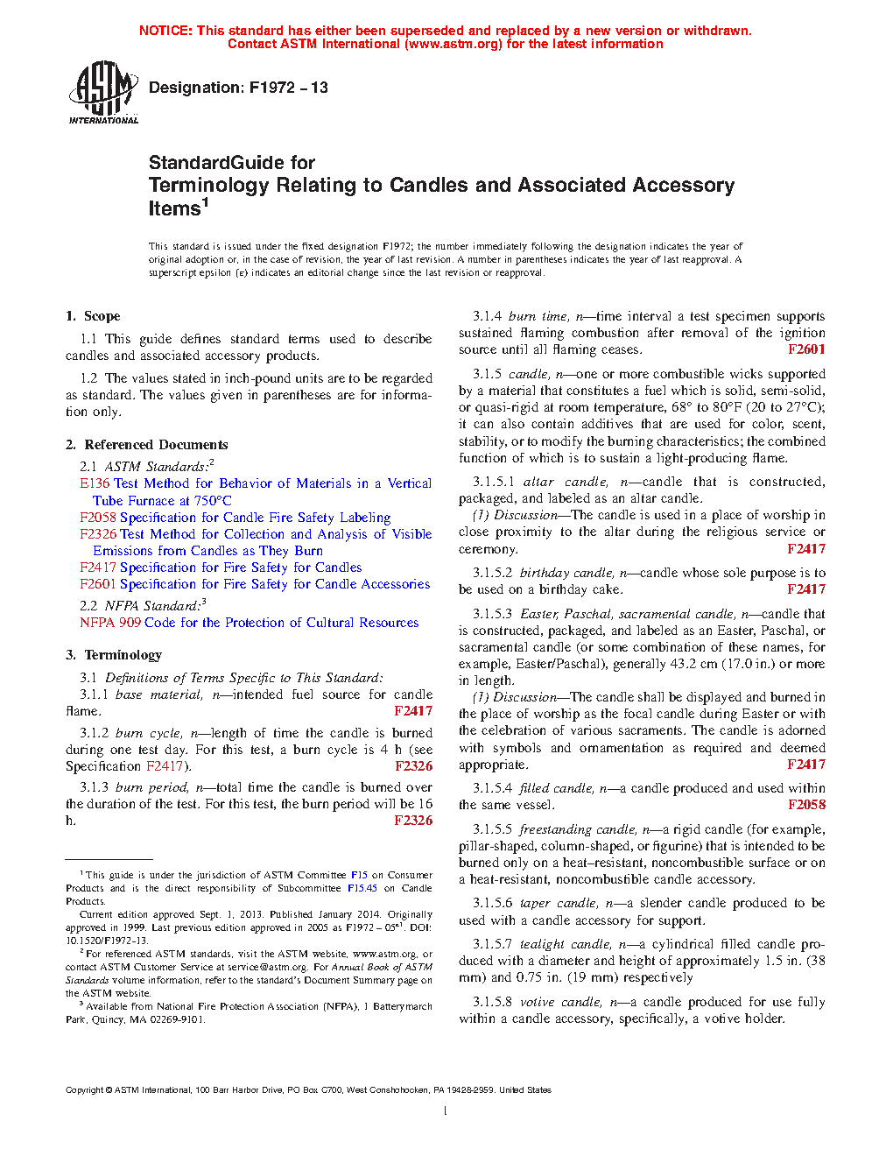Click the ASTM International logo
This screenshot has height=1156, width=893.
(x=102, y=92)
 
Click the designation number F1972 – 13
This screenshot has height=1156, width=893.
(x=288, y=88)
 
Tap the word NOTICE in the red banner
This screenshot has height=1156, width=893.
(x=165, y=31)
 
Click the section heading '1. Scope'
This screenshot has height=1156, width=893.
(x=93, y=316)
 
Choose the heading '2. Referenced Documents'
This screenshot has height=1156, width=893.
(x=146, y=445)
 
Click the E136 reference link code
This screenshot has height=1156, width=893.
(x=95, y=483)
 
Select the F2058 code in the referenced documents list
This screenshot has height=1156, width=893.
(x=98, y=518)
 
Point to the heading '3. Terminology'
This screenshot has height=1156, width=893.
(x=114, y=655)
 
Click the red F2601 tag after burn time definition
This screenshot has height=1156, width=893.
(x=806, y=349)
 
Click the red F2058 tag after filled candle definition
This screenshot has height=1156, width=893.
(x=806, y=805)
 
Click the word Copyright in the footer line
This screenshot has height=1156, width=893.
(x=84, y=1090)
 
